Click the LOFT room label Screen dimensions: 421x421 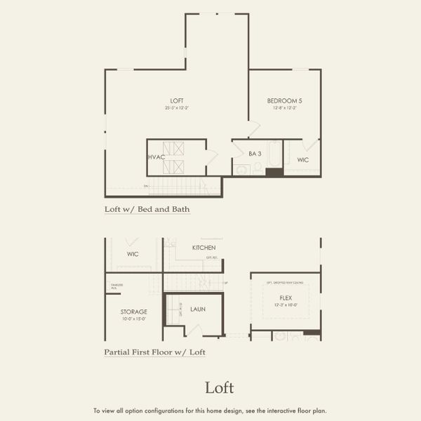tap(177, 101)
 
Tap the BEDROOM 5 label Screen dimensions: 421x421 tap(285, 101)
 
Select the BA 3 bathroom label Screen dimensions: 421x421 tap(255, 153)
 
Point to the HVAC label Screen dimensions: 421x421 tap(156, 156)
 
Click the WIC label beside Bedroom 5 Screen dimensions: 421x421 tap(303, 160)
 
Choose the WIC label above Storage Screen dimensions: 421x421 tap(132, 254)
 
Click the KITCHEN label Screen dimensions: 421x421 tap(204, 248)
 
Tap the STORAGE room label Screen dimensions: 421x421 tap(133, 312)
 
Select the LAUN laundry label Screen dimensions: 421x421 tap(198, 309)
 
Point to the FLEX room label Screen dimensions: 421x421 tap(286, 298)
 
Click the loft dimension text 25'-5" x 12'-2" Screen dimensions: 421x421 tap(177, 108)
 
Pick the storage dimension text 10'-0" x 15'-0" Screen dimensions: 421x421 tap(133, 319)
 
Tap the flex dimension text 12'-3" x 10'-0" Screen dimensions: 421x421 tap(286, 305)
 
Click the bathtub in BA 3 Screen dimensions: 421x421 tap(274, 159)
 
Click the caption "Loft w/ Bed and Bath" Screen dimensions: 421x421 tap(147, 209)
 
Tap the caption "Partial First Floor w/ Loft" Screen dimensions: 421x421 tap(154, 352)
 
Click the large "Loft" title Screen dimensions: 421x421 tap(219, 387)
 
